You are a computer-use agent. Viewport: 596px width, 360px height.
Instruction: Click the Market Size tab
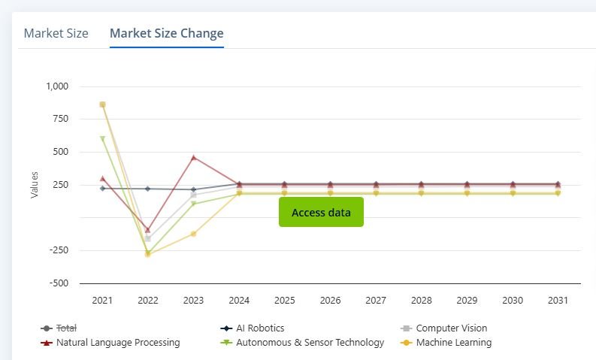(x=56, y=33)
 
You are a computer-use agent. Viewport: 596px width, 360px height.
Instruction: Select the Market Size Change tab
(x=166, y=33)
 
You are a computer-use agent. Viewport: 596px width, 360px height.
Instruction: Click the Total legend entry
(x=67, y=328)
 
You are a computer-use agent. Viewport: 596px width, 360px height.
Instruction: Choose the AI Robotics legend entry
(x=260, y=328)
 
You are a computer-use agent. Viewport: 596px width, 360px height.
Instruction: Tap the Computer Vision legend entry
(x=451, y=328)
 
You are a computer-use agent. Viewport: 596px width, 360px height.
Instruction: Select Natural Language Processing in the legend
(x=118, y=343)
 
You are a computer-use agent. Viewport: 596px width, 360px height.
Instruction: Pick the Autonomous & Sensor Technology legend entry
(x=310, y=343)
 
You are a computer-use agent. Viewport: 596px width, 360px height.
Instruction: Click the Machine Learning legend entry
(x=453, y=343)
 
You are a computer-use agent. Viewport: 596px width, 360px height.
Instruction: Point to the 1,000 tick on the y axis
(x=57, y=86)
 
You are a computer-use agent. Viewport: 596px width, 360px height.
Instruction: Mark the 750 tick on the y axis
(x=59, y=119)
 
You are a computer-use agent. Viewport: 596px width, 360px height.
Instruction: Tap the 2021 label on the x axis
(x=102, y=301)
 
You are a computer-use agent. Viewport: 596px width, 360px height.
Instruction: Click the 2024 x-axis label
(x=239, y=301)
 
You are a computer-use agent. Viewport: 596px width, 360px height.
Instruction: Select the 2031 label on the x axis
(x=558, y=301)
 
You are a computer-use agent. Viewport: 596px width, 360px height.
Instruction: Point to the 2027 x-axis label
(x=376, y=301)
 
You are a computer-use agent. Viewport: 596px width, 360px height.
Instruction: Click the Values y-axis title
(x=35, y=185)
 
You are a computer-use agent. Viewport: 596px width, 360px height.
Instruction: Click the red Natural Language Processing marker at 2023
(x=193, y=158)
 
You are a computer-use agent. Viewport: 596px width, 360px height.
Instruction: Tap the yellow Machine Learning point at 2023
(x=193, y=234)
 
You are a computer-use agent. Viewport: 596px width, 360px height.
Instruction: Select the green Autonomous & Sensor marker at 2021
(x=102, y=138)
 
